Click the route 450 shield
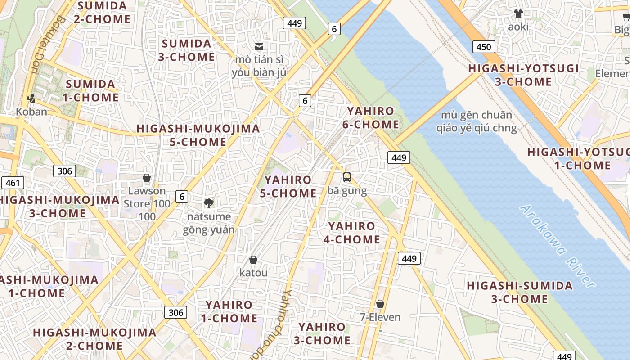tap(484, 47)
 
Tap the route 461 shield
tap(13, 183)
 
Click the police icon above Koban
tap(31, 98)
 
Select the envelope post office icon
tap(259, 46)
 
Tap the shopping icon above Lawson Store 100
tap(146, 178)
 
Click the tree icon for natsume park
tap(208, 203)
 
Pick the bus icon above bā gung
tap(347, 177)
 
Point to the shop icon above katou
tap(253, 260)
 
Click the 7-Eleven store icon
tap(380, 304)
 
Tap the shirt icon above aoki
tap(518, 13)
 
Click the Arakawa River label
tap(557, 246)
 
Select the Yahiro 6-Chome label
tap(371, 118)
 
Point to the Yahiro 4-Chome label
tap(352, 233)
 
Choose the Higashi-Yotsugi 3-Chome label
tap(523, 75)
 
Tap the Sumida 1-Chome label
tap(92, 91)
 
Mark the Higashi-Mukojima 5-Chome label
tap(198, 135)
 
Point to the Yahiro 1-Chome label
tap(229, 311)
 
